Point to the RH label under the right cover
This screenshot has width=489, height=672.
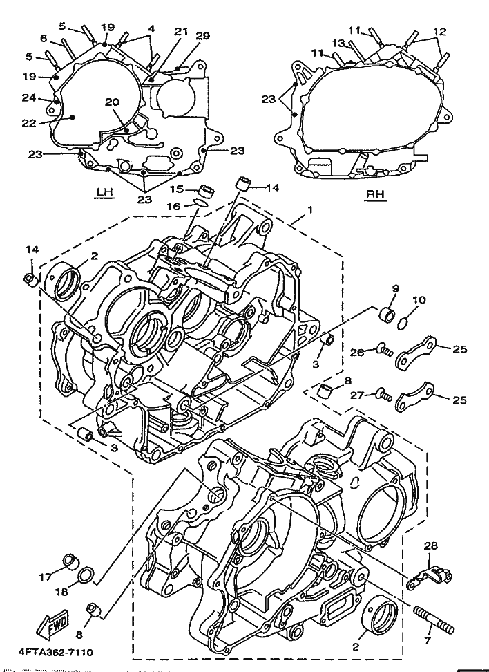point(374,194)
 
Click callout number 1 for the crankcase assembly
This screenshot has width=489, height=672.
point(310,209)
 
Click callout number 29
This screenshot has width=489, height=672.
point(202,35)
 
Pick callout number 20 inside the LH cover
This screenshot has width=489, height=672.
point(112,102)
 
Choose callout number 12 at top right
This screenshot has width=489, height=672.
point(439,31)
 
